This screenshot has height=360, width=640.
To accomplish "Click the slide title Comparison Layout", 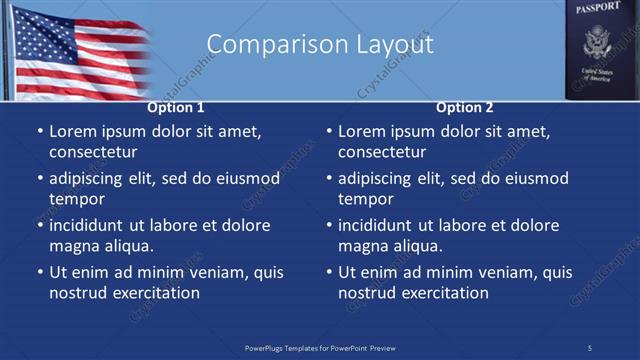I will tap(319, 45).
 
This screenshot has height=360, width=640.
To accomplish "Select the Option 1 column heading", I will tap(176, 108).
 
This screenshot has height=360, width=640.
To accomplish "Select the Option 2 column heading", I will tap(465, 108).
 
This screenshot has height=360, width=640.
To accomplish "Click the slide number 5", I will tap(589, 348).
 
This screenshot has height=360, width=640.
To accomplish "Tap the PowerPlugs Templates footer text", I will tap(320, 348).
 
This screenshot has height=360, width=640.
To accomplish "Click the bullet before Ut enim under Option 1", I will tap(39, 272).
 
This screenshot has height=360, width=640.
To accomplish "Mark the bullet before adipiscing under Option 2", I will tap(328, 179).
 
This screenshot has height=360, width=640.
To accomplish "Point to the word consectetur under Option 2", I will tap(382, 152).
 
